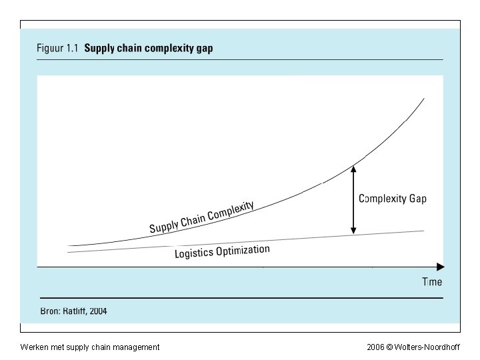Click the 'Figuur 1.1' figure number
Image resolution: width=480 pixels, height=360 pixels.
tap(57, 49)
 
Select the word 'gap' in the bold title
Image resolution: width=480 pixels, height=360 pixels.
tap(203, 49)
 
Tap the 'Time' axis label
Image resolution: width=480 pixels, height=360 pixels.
tap(432, 282)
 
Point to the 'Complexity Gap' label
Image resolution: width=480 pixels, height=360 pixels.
tap(393, 199)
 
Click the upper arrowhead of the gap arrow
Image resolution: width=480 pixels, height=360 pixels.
tap(353, 169)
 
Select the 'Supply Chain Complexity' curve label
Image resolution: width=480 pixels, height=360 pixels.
tap(201, 217)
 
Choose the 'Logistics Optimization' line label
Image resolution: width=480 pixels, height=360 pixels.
tap(222, 251)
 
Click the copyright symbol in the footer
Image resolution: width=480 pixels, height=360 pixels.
tap(389, 347)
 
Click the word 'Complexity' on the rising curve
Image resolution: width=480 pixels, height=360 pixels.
tap(231, 211)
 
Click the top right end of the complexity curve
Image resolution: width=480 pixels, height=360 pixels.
tap(424, 99)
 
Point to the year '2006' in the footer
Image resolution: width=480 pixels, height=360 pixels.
tap(375, 347)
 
